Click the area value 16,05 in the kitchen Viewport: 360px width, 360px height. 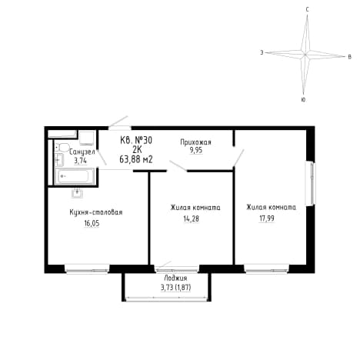[x=92, y=223]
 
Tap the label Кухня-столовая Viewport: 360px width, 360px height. [x=96, y=212]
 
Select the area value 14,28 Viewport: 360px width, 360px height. [x=191, y=218]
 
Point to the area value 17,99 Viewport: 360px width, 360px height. [x=267, y=218]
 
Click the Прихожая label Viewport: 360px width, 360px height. [x=195, y=142]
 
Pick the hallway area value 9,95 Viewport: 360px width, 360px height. [x=196, y=150]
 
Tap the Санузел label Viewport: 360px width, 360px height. [x=82, y=152]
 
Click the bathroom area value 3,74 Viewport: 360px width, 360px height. [x=80, y=161]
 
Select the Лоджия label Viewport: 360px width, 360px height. [x=175, y=278]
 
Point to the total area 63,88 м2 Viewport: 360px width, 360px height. [x=136, y=159]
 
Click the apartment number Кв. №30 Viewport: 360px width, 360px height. [x=136, y=140]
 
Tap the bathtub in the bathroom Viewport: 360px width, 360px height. [x=75, y=176]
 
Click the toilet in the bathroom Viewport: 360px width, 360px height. [x=63, y=148]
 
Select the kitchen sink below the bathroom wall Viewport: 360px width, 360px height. [x=77, y=193]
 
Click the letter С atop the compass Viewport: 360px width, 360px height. [x=308, y=10]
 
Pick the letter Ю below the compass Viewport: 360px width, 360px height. [x=303, y=100]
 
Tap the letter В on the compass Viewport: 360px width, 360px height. [x=349, y=57]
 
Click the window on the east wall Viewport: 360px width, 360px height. [x=311, y=183]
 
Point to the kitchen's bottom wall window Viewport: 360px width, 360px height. [x=87, y=269]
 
